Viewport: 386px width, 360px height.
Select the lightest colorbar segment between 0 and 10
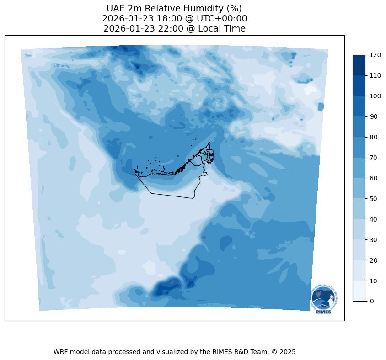click(359, 291)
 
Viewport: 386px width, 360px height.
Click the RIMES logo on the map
click(324, 299)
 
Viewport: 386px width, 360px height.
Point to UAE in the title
click(116, 8)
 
